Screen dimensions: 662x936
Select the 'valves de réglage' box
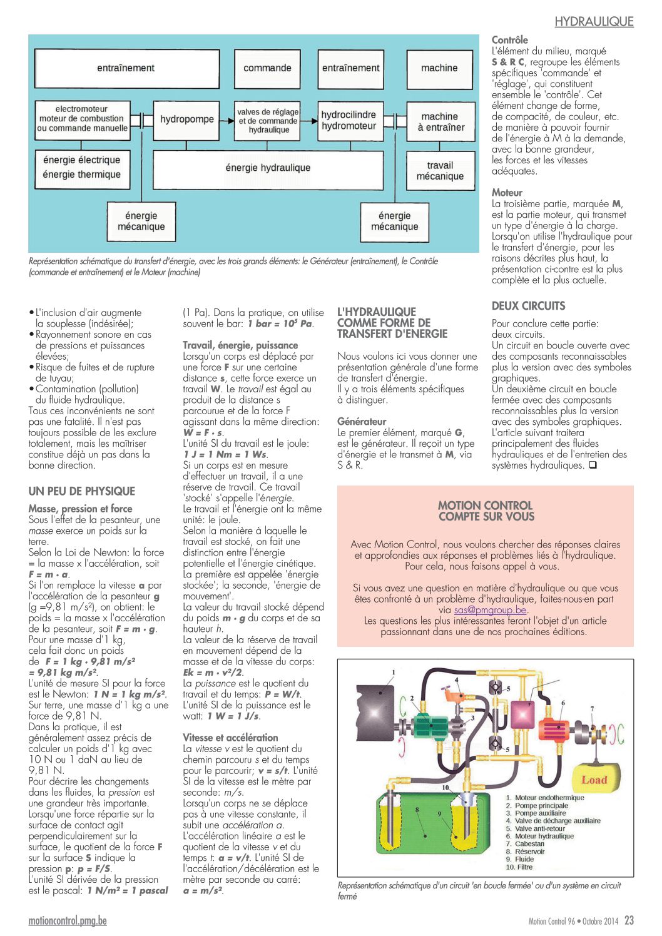pyautogui.click(x=267, y=121)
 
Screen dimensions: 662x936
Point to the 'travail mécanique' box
pyautogui.click(x=440, y=171)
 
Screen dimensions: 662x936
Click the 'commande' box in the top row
pyautogui.click(x=267, y=69)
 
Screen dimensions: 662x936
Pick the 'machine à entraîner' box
pyautogui.click(x=440, y=121)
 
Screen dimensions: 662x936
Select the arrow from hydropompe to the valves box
pyautogui.click(x=227, y=121)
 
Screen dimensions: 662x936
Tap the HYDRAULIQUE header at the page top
pyautogui.click(x=594, y=22)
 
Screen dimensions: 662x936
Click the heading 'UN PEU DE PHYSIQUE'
pyautogui.click(x=82, y=491)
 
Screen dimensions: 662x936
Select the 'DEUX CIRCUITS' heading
pyautogui.click(x=528, y=306)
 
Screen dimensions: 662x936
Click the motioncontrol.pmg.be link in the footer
pyautogui.click(x=68, y=920)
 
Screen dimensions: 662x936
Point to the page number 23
pyautogui.click(x=629, y=920)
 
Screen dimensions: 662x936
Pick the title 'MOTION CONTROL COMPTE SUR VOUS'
pyautogui.click(x=486, y=511)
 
